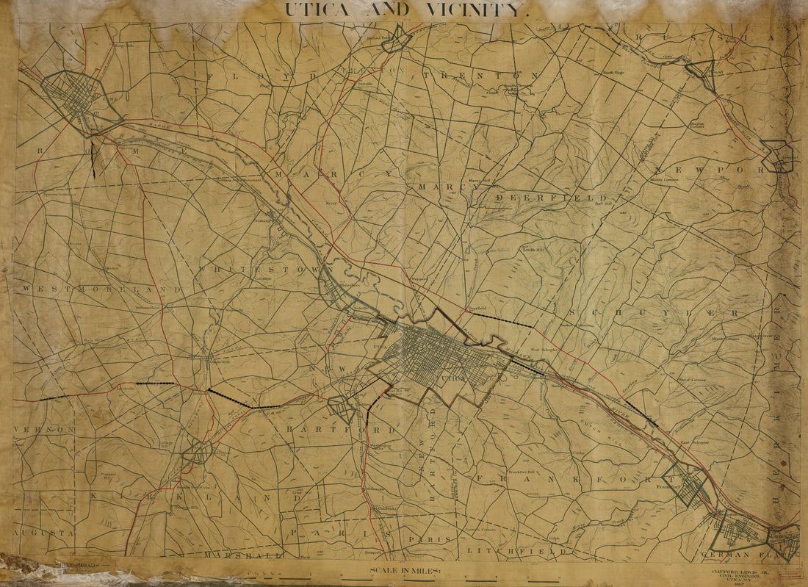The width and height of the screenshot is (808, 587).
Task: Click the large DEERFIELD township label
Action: coord(551,198)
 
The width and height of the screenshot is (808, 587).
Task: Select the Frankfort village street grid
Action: coord(686,484)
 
